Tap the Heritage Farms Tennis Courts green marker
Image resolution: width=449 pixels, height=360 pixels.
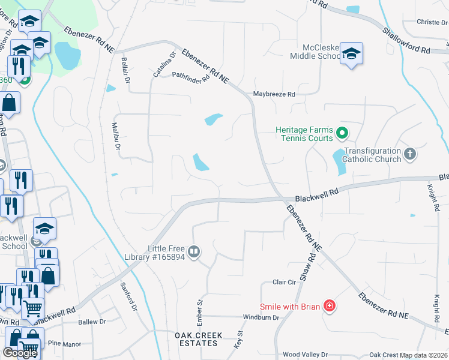click(342, 133)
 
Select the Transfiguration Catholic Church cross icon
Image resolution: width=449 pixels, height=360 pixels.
click(410, 154)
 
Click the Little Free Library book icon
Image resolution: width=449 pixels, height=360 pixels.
click(194, 252)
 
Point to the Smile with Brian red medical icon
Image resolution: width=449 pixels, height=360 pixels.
click(329, 307)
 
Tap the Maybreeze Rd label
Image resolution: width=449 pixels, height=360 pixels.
click(274, 94)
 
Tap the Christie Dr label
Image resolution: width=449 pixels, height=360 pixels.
click(428, 22)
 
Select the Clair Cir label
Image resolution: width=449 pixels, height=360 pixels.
click(285, 282)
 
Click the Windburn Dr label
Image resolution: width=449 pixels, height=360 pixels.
click(262, 317)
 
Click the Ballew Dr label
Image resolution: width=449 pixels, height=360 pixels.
click(92, 322)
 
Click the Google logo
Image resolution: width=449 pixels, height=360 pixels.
click(20, 353)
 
